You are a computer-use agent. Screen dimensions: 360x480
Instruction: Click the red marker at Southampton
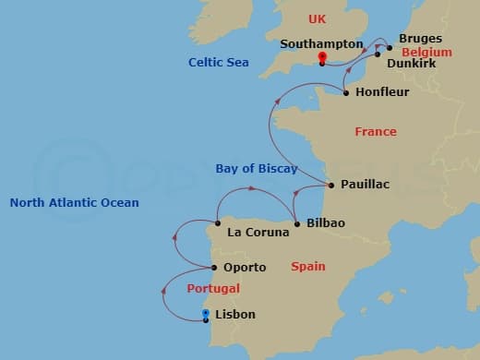click(x=322, y=58)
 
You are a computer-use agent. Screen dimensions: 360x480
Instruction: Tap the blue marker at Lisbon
click(x=205, y=314)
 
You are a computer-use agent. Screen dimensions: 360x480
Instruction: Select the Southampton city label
click(x=320, y=43)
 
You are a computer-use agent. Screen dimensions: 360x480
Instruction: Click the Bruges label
click(x=420, y=39)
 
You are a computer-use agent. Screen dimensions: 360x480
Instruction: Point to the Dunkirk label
click(x=411, y=64)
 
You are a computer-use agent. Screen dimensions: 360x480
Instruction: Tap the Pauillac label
click(x=365, y=185)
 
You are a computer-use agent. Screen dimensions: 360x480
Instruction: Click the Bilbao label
click(x=325, y=223)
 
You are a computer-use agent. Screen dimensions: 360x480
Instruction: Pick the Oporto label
click(x=245, y=268)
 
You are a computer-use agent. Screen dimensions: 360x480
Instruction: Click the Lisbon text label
click(x=234, y=315)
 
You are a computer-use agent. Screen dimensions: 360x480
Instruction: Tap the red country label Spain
click(x=307, y=267)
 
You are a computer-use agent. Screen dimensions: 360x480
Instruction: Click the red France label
click(x=376, y=132)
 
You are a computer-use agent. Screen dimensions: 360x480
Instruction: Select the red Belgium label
click(x=426, y=53)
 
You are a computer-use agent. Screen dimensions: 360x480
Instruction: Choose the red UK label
click(x=317, y=18)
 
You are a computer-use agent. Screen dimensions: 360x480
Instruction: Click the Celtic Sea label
click(x=218, y=62)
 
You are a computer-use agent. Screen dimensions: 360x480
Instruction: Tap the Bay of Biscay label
click(x=257, y=169)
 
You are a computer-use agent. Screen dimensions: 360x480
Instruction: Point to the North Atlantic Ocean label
click(x=74, y=203)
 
